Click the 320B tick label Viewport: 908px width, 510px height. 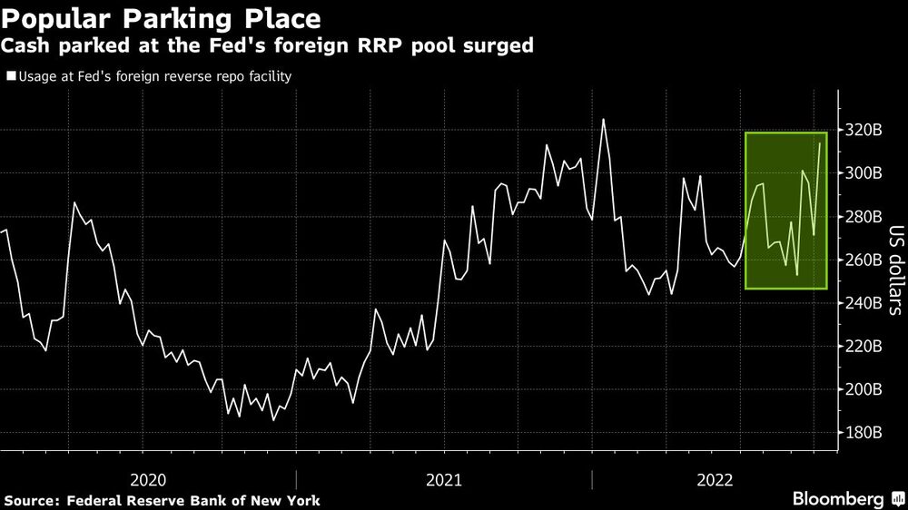[x=864, y=130]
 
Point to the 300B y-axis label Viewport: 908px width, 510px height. [x=864, y=173]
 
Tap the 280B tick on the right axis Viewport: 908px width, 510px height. [x=864, y=217]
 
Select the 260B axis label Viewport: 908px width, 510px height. [x=864, y=260]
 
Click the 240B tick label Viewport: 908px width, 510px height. [x=864, y=303]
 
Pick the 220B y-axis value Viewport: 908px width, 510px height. [x=864, y=347]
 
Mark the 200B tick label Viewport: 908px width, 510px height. [x=864, y=390]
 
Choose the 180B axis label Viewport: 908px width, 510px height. [x=864, y=433]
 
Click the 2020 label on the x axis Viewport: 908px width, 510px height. [x=150, y=479]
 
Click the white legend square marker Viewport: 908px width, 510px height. [x=11, y=77]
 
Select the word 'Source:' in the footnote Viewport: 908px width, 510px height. [x=31, y=500]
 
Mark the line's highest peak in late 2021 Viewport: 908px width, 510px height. [x=603, y=119]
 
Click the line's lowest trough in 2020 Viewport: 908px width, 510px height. [x=272, y=420]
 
